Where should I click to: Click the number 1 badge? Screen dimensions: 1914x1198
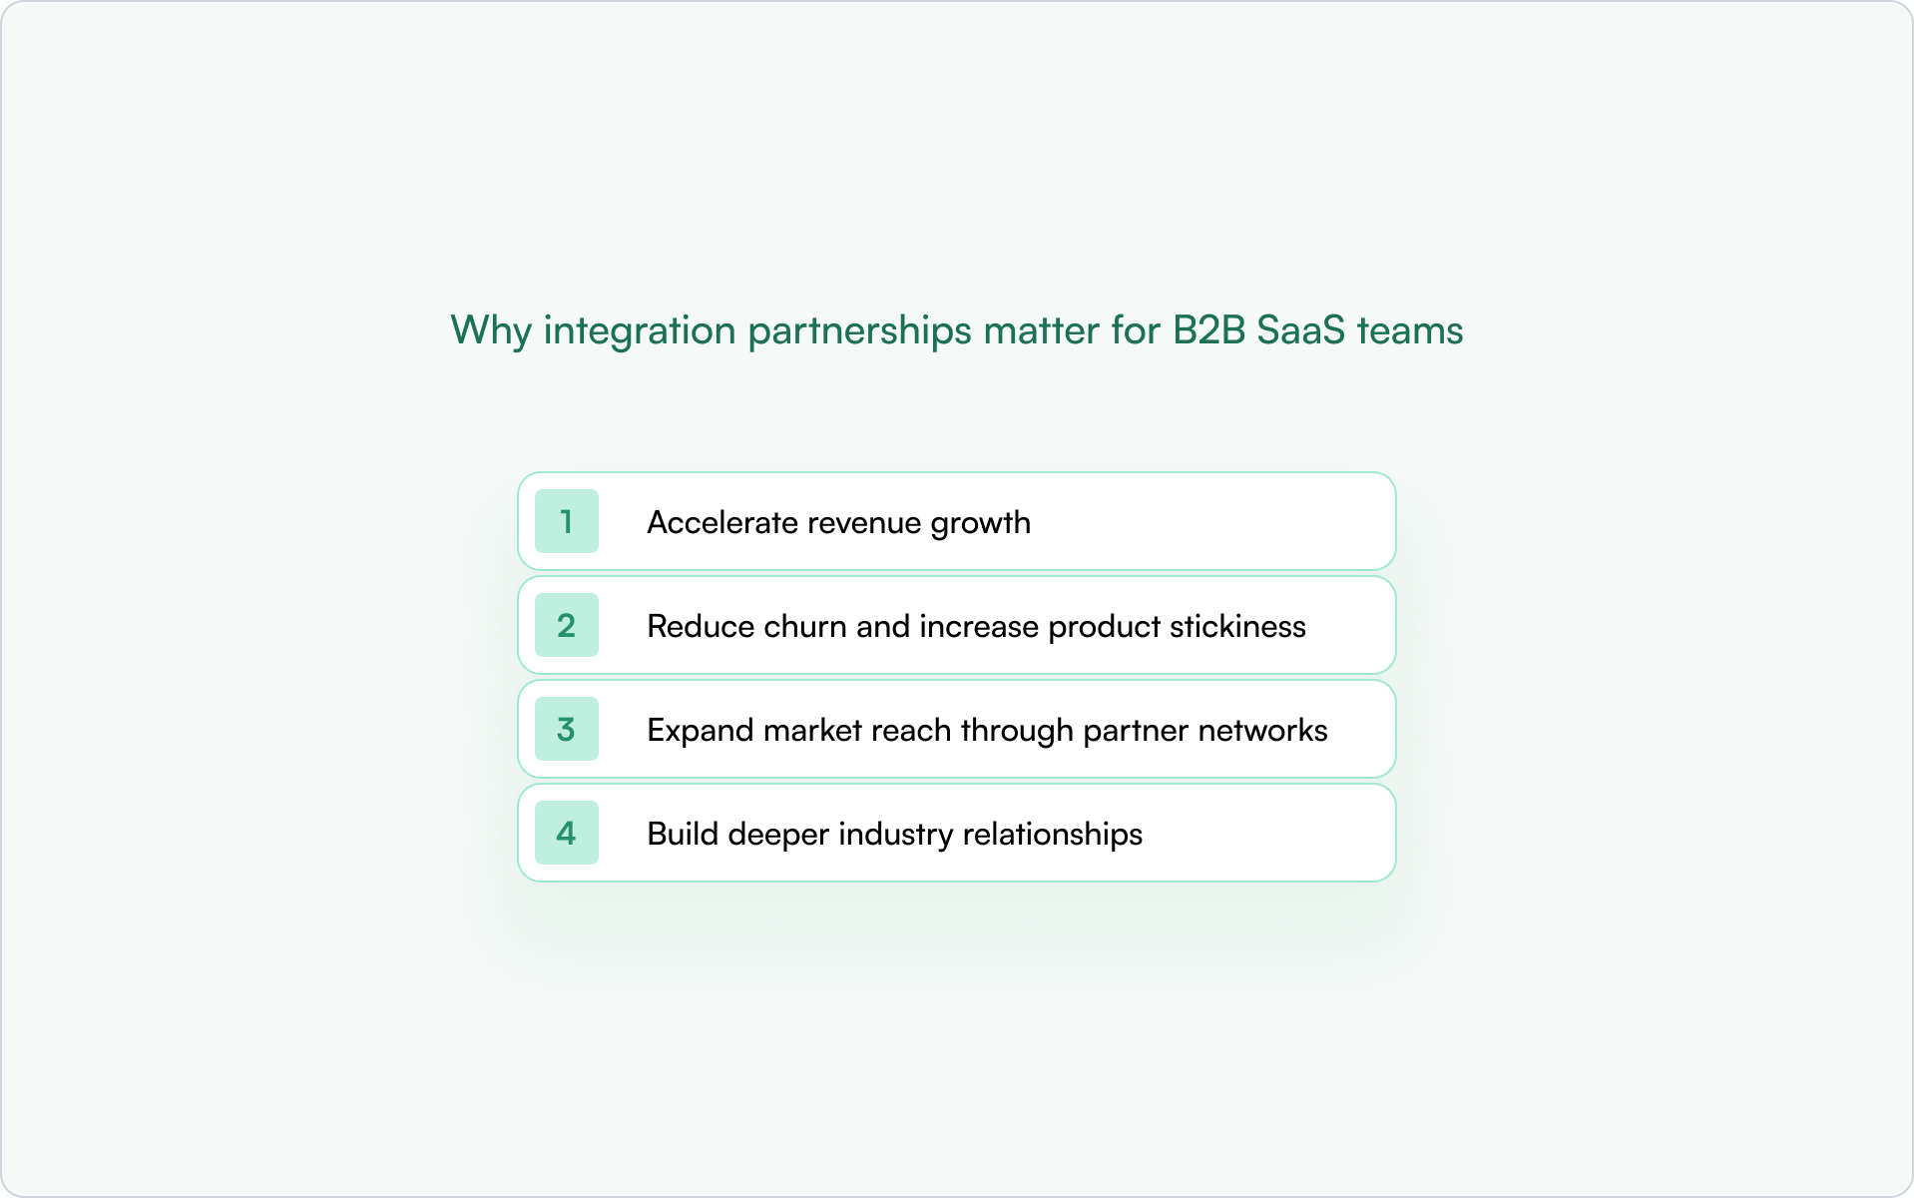point(566,521)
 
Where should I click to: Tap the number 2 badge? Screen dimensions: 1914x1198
point(566,625)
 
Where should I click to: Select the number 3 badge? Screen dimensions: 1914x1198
point(566,729)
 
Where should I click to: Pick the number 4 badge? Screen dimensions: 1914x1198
point(566,833)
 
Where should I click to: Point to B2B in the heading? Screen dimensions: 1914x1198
point(1208,330)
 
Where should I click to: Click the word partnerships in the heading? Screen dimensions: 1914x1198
point(859,330)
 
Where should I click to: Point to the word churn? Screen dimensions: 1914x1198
point(804,626)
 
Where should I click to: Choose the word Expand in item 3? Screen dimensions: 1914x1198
point(700,731)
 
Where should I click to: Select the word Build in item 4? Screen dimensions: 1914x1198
point(683,834)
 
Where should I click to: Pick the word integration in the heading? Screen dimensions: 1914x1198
point(640,330)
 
